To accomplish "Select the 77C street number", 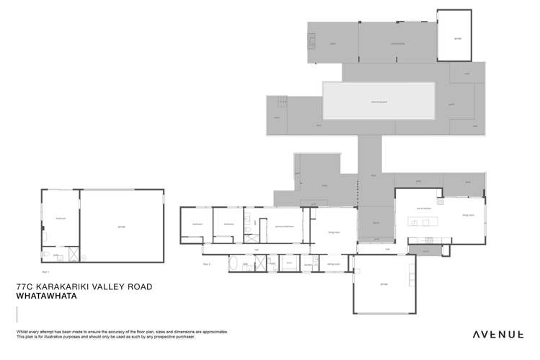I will (25, 286).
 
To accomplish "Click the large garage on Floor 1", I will (120, 227).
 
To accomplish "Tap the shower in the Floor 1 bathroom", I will (74, 255).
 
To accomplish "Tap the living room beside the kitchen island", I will (466, 215).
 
